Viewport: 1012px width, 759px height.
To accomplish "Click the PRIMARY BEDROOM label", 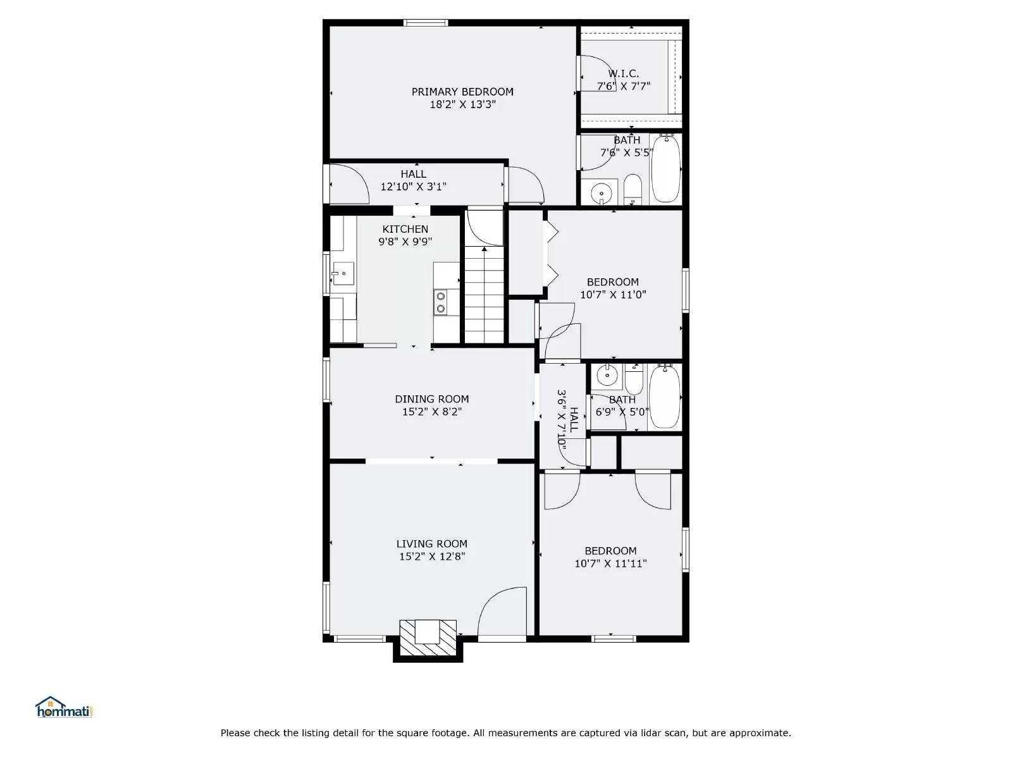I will [462, 92].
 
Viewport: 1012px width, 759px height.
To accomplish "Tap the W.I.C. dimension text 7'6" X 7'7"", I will [624, 86].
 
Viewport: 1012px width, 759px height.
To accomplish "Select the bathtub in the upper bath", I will [666, 168].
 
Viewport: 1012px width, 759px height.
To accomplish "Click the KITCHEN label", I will [405, 229].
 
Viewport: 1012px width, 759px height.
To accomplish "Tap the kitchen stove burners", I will [440, 302].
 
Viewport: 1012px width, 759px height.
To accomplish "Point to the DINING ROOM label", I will [432, 399].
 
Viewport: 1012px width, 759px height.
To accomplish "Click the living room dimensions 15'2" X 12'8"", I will [432, 557].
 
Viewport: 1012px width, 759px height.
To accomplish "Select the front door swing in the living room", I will [503, 614].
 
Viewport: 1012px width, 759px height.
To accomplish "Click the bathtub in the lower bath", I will [665, 397].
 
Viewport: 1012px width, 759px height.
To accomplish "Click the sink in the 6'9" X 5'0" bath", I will [607, 376].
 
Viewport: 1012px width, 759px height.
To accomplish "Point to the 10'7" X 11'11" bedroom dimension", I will [610, 564].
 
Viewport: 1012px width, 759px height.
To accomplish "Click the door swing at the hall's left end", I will [348, 183].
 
